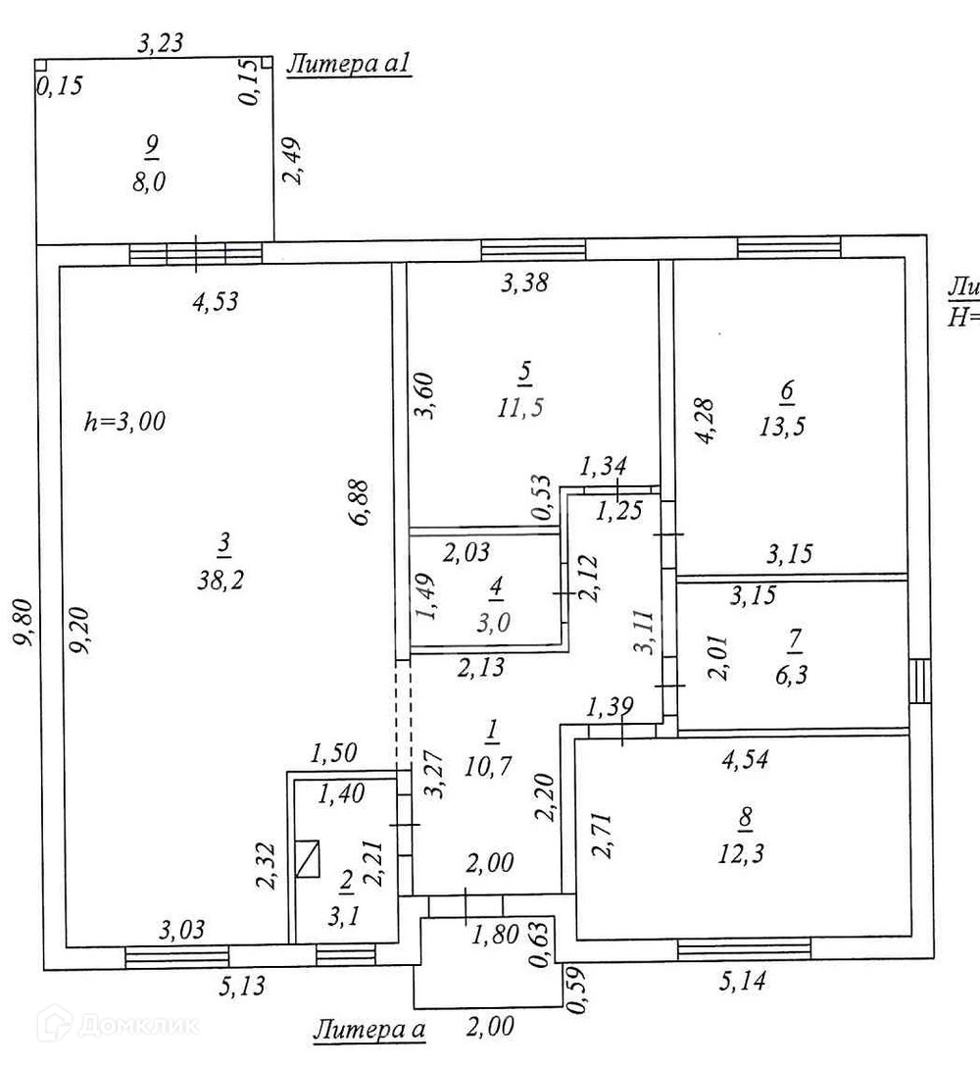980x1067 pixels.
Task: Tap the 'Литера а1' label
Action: click(348, 66)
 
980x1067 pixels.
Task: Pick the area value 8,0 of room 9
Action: click(149, 182)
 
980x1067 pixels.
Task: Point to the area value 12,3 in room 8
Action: click(740, 853)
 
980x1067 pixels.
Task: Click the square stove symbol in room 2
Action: click(310, 860)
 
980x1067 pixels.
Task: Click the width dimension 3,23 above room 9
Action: click(162, 42)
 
